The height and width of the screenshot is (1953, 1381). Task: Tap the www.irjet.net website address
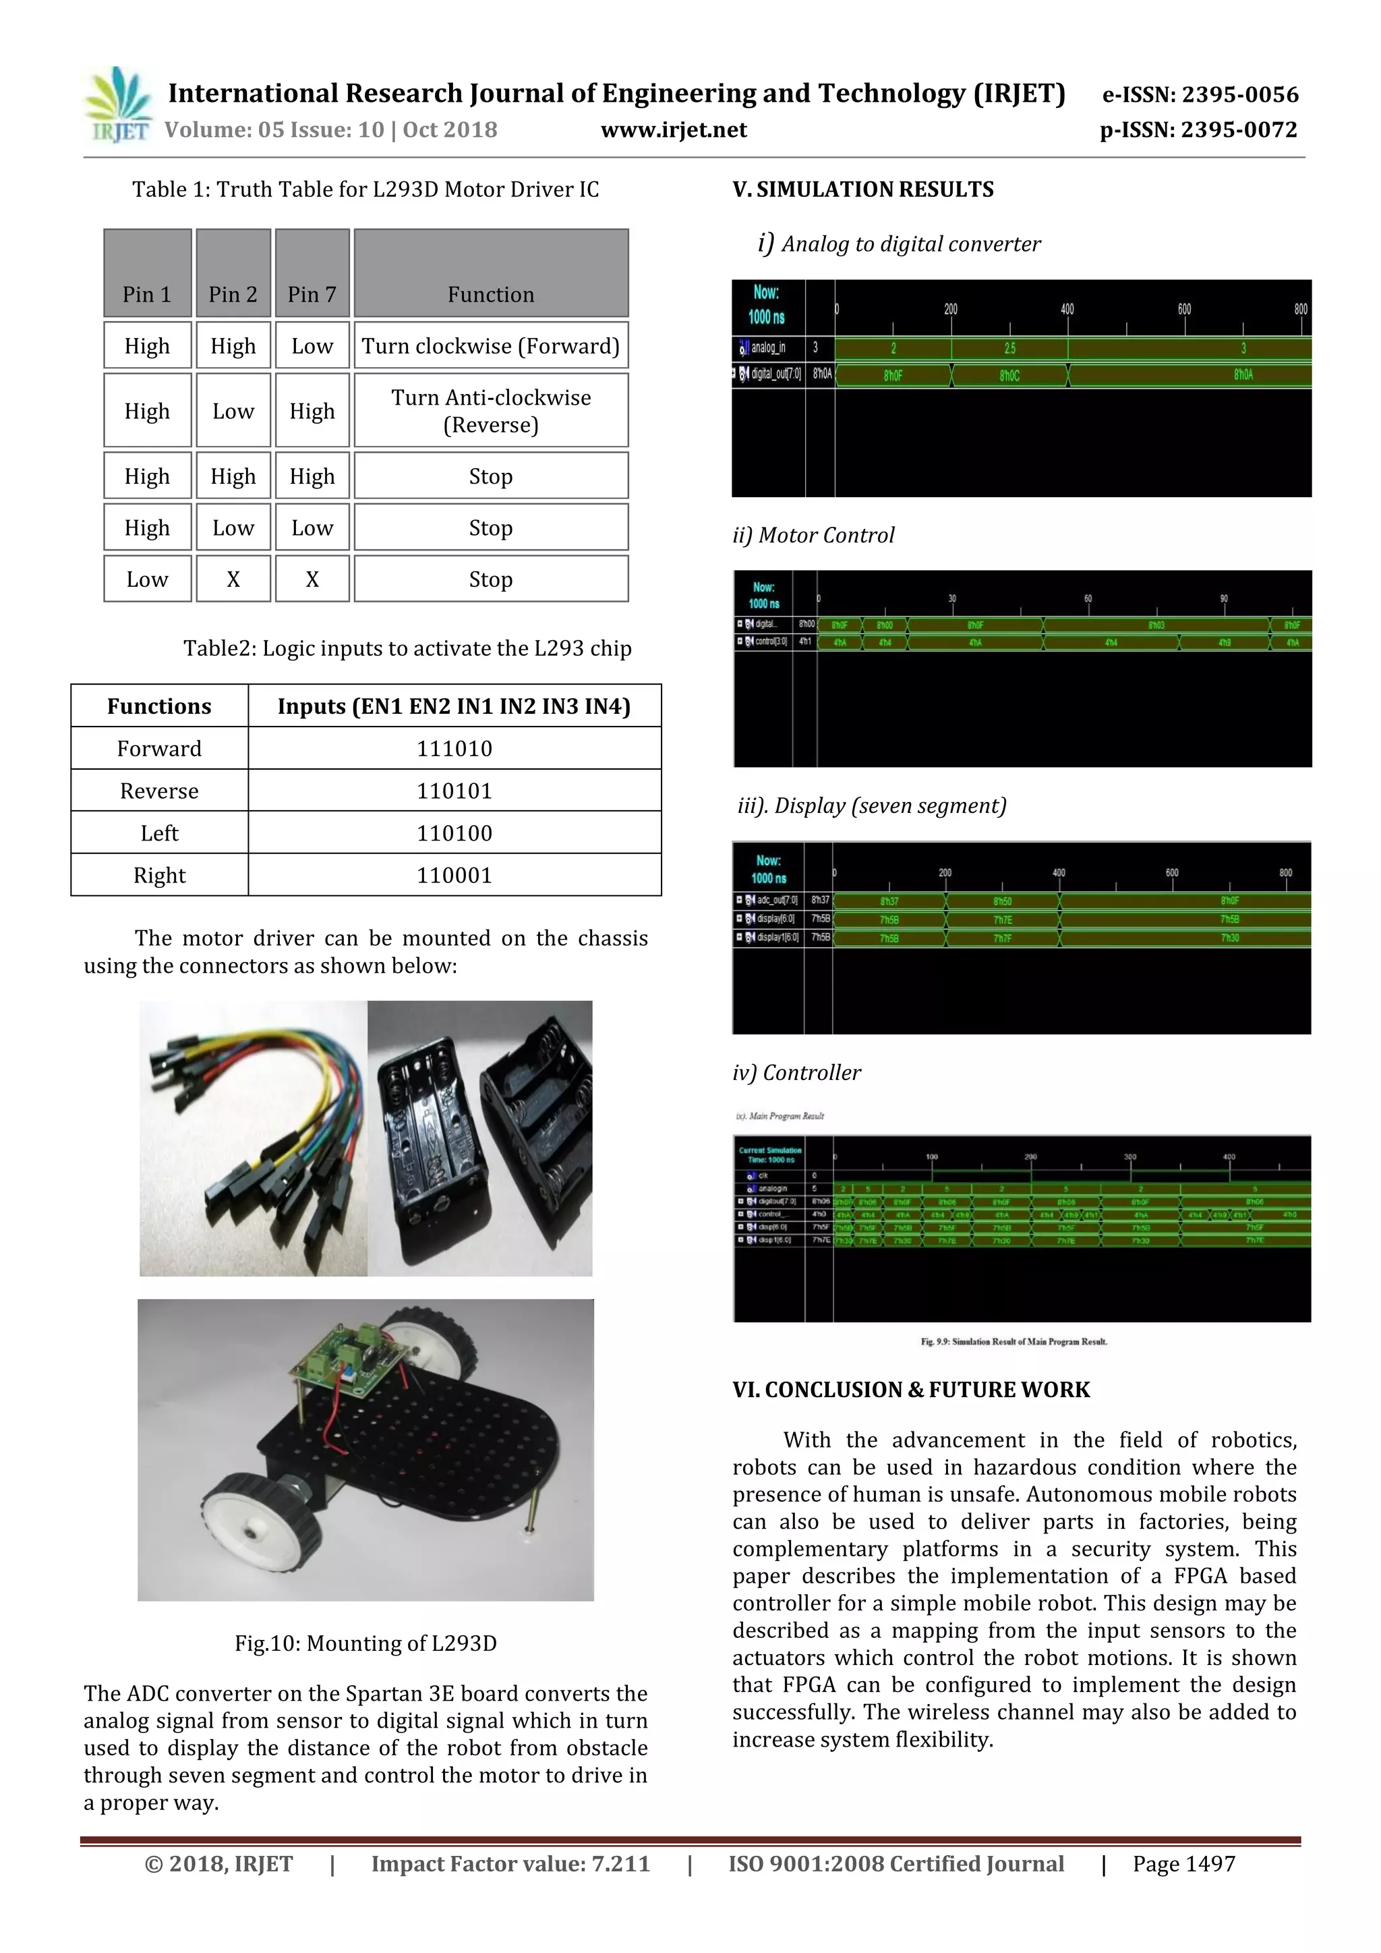[674, 130]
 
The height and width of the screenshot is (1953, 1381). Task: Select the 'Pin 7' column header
[312, 294]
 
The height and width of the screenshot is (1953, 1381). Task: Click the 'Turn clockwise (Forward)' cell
[491, 346]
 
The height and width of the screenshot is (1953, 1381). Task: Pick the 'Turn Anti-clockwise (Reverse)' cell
[491, 411]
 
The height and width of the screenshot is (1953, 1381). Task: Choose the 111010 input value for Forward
[454, 749]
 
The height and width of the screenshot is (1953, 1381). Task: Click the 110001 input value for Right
[454, 875]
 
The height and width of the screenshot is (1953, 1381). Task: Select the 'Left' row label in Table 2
[159, 832]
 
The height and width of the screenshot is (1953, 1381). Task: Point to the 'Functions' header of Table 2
[159, 706]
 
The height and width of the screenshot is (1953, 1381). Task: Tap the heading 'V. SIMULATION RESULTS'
[862, 190]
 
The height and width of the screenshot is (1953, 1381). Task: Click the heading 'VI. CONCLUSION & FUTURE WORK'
[911, 1389]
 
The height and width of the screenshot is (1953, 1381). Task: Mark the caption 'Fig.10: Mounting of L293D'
[365, 1643]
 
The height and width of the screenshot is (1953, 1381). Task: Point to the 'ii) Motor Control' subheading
[813, 535]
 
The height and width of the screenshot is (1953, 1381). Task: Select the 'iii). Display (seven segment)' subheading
[872, 805]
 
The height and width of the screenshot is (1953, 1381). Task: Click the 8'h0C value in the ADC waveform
[1009, 375]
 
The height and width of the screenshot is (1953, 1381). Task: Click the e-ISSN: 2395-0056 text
[1200, 94]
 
